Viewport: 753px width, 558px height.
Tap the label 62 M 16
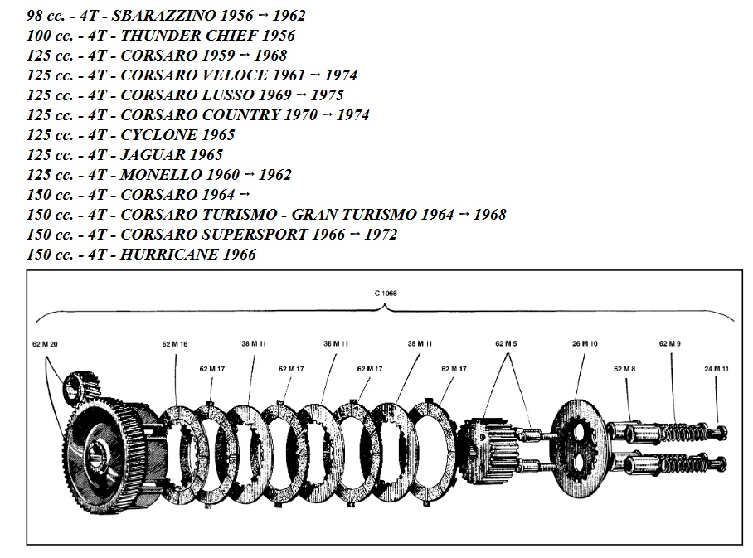tap(175, 343)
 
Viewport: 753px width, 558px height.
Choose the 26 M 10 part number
tap(585, 342)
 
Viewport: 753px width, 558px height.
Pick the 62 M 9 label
tap(670, 342)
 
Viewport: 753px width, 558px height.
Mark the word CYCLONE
tap(158, 134)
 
